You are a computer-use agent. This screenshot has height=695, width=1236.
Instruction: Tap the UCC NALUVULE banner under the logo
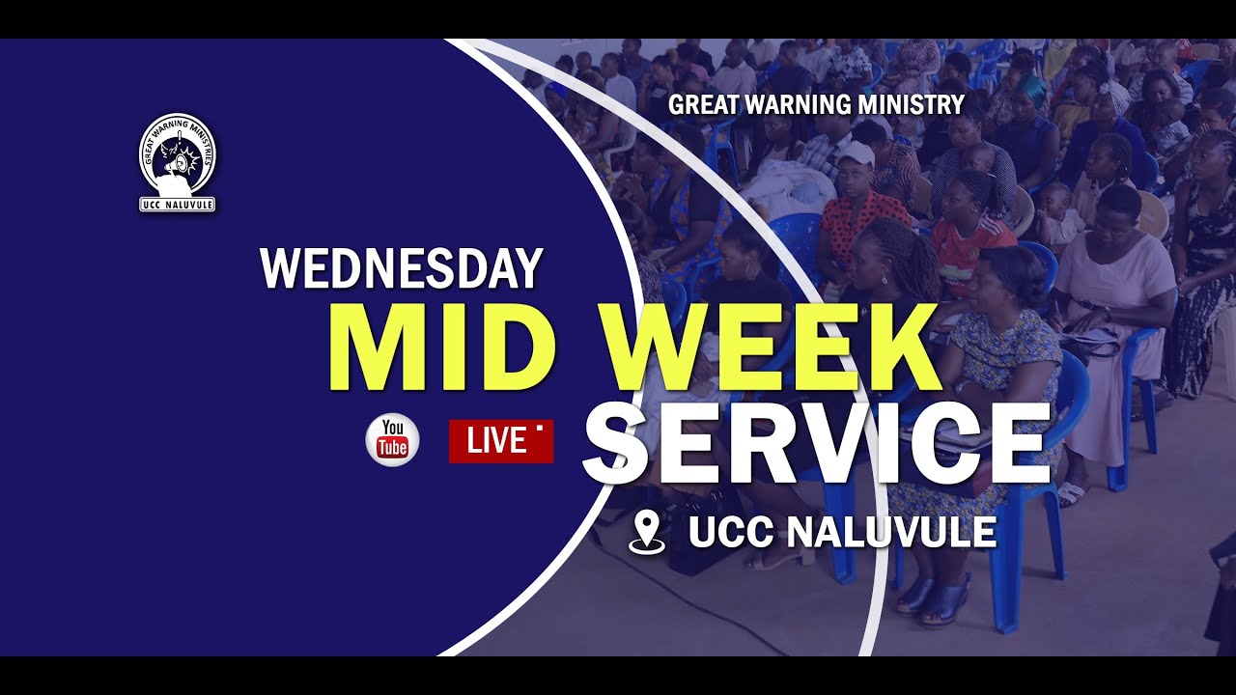tap(177, 204)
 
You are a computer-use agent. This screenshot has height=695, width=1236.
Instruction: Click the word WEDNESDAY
tap(401, 269)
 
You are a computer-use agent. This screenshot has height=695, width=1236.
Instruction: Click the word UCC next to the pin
tap(731, 532)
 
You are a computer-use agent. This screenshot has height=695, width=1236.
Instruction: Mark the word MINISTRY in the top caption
tap(920, 104)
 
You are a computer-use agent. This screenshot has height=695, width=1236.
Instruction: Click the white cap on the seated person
tap(856, 153)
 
